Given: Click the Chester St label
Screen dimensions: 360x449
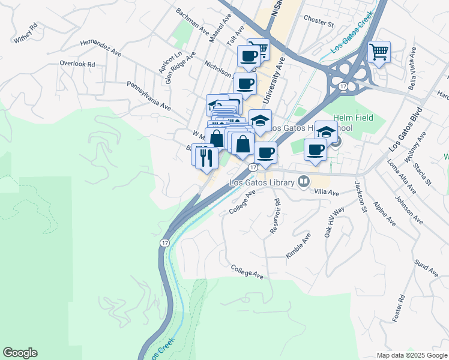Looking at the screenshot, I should [x=318, y=22].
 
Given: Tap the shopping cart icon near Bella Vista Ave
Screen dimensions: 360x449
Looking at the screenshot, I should [x=379, y=52].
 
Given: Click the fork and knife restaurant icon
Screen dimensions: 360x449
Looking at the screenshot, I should [x=206, y=157].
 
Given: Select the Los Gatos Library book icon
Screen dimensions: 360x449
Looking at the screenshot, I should [x=304, y=181].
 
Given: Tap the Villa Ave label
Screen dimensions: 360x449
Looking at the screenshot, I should [x=327, y=193].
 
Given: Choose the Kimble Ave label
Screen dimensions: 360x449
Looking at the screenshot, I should [x=298, y=245].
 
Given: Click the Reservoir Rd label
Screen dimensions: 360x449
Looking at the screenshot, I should [x=275, y=216].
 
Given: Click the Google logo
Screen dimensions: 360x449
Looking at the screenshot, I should [x=20, y=353].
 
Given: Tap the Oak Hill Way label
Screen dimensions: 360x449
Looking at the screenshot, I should [x=335, y=222].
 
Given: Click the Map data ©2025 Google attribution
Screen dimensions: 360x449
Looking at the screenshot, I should [x=411, y=355].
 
